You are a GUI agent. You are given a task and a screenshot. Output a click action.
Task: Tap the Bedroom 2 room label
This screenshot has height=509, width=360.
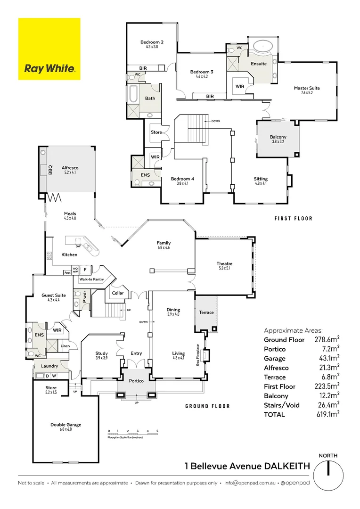(149, 42)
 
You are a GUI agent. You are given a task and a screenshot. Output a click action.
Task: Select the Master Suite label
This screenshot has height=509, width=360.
(307, 88)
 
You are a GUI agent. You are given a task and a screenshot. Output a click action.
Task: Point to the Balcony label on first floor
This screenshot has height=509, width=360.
(278, 137)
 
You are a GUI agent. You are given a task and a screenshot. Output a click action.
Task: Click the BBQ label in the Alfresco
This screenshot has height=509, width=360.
(50, 170)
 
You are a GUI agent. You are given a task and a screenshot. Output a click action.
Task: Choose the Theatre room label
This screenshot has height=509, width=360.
(225, 264)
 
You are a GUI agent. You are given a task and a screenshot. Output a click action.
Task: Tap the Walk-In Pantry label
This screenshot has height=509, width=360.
(92, 279)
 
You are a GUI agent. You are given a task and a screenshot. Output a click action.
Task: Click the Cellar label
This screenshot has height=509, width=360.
(117, 293)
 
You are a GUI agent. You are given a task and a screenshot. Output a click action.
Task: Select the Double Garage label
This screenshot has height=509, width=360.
(65, 425)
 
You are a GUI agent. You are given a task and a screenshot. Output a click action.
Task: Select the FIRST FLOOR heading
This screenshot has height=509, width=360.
(294, 219)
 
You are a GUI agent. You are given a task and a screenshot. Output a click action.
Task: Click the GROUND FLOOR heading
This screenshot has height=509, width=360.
(207, 406)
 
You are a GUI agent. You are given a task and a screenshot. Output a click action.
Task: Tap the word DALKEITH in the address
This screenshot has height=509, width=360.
(287, 466)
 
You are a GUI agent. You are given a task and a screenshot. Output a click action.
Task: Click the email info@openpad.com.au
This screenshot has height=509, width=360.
(250, 483)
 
